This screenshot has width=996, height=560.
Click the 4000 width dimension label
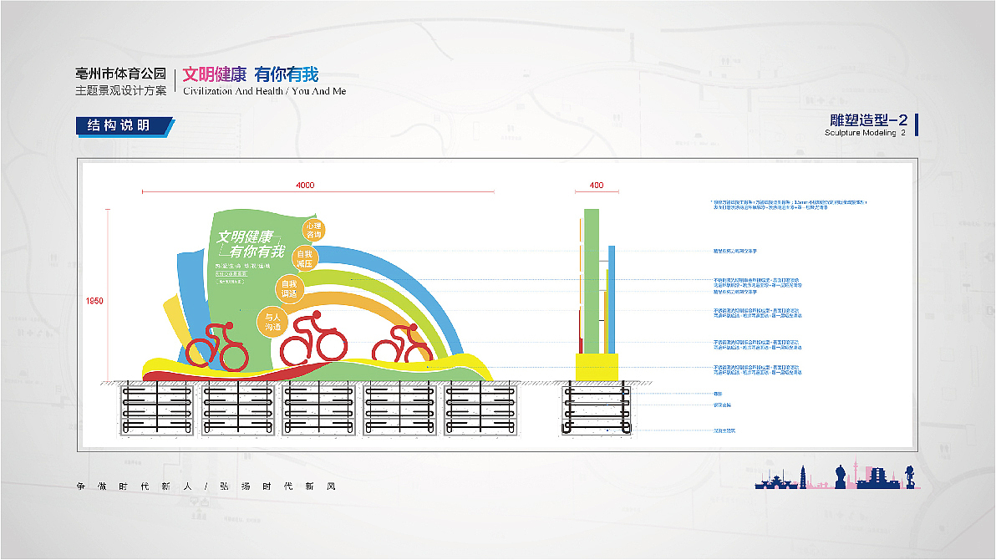305,185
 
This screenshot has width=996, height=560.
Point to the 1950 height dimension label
94,301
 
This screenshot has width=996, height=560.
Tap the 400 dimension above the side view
596,185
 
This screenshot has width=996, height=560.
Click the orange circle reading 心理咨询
313,229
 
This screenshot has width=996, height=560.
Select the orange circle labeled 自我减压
304,257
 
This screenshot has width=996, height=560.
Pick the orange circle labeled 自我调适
287,288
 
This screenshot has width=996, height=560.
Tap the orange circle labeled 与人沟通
272,322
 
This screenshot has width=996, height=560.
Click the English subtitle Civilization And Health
264,91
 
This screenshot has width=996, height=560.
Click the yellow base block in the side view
597,366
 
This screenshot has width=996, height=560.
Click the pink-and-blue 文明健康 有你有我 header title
251,74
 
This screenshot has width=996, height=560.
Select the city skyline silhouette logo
835,478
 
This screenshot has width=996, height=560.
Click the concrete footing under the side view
597,410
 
